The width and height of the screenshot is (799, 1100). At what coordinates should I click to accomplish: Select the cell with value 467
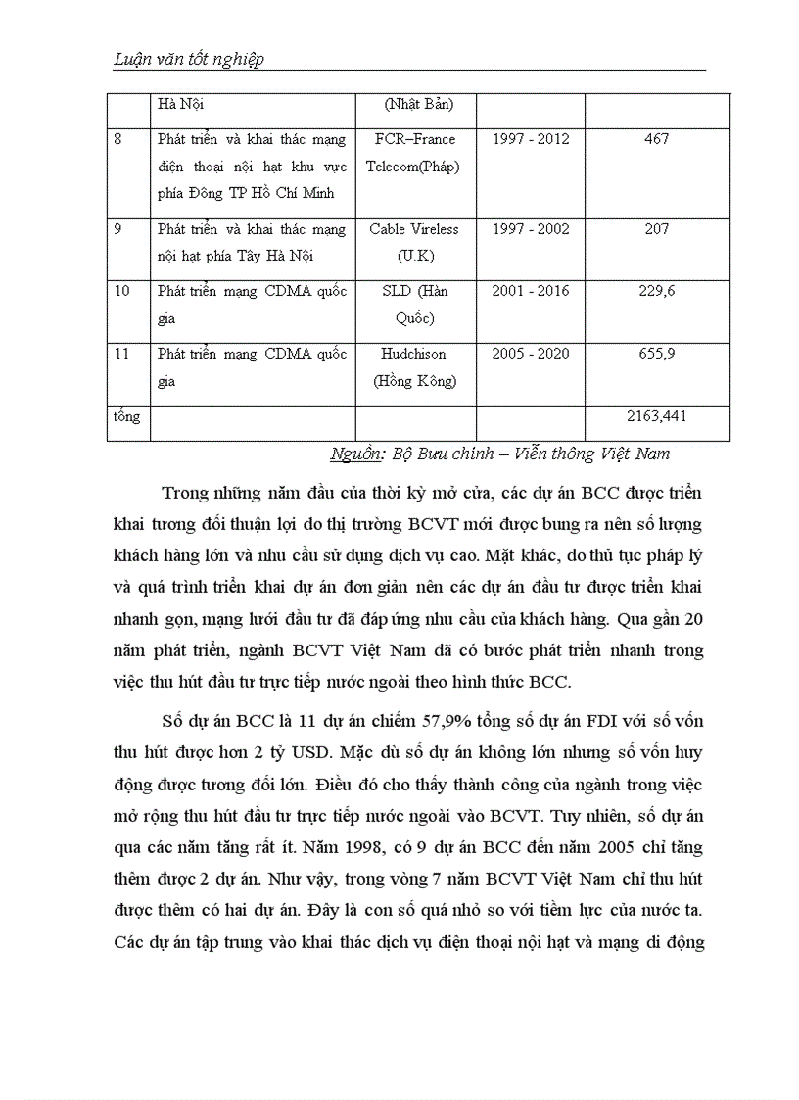[657, 139]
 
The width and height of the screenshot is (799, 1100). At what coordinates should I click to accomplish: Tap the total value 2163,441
[657, 416]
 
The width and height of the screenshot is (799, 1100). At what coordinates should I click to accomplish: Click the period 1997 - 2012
[530, 139]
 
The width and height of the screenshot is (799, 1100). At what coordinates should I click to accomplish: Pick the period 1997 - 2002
[530, 229]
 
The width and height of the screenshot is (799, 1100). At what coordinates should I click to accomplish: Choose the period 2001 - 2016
[530, 291]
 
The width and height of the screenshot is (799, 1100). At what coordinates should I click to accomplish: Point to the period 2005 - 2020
[530, 354]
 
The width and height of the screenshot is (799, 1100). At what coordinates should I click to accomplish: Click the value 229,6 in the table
[657, 291]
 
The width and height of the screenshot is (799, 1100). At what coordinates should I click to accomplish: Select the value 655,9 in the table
[657, 354]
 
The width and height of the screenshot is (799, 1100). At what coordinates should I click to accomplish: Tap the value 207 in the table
[657, 229]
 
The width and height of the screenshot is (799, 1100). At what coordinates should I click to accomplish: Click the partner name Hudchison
[414, 354]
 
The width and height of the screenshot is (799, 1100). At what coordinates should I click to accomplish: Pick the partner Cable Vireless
[414, 229]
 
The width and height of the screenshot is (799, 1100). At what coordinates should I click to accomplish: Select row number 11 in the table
[121, 354]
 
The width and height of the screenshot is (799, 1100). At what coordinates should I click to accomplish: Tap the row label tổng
[126, 416]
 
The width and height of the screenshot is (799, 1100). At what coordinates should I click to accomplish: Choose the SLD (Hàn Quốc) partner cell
[414, 304]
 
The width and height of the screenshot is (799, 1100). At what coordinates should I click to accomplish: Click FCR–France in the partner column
[414, 139]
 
